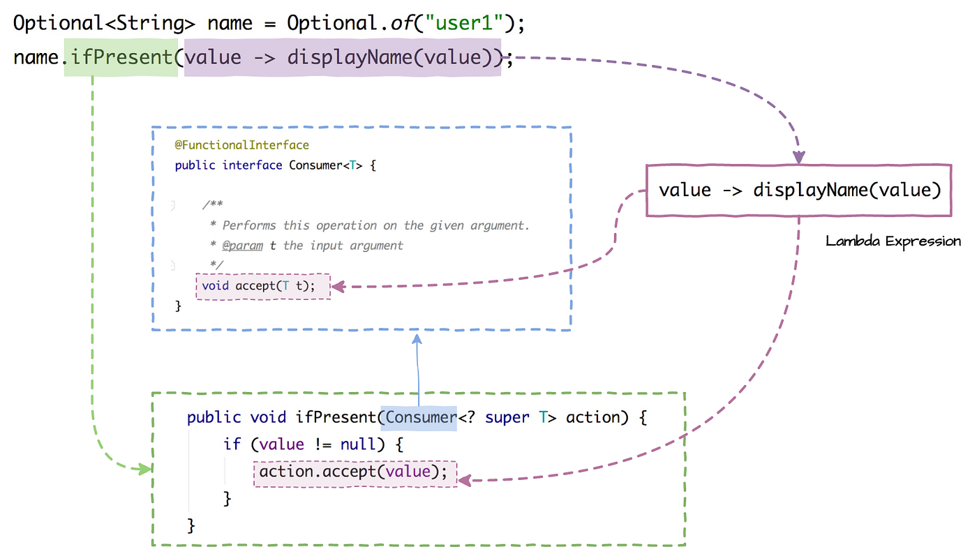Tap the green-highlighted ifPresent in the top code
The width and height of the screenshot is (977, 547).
pos(121,57)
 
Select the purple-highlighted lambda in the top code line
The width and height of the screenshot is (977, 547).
pos(342,57)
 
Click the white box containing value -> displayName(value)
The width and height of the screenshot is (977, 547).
pos(799,190)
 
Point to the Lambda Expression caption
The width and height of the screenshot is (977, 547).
pos(893,241)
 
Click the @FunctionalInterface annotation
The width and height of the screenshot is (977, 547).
pos(241,145)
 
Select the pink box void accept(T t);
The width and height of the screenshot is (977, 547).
pos(263,285)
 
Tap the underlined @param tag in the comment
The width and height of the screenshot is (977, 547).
pos(242,246)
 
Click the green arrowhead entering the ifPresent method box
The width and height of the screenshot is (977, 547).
pos(145,469)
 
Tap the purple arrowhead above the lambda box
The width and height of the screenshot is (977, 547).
pos(799,158)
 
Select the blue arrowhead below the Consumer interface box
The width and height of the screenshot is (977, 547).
pos(417,338)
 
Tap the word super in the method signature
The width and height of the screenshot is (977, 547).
pos(508,417)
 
